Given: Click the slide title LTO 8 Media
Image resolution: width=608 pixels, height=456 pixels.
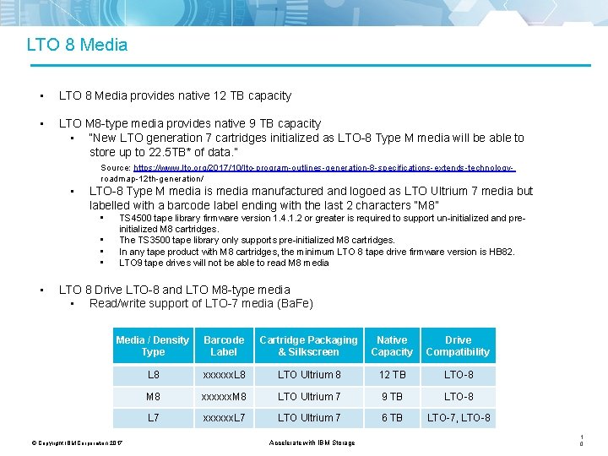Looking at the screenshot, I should click(x=77, y=45).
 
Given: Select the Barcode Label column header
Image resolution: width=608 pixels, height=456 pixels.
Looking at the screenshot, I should click(x=224, y=346).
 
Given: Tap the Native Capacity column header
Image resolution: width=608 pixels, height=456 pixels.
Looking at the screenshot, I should click(x=392, y=346).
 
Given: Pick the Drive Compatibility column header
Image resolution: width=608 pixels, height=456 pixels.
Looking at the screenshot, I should click(x=458, y=346).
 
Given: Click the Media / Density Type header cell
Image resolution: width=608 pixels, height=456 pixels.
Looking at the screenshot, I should click(x=153, y=346).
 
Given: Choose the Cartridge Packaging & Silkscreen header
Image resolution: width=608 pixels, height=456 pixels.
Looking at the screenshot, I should click(x=308, y=346).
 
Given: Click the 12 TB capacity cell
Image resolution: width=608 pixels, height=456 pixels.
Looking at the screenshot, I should click(x=392, y=375).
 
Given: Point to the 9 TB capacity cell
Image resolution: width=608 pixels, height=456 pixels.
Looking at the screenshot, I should click(x=392, y=397).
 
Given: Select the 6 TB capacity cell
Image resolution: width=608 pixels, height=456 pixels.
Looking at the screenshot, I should click(x=392, y=418).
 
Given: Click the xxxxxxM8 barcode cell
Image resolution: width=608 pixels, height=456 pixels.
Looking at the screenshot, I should click(x=224, y=397).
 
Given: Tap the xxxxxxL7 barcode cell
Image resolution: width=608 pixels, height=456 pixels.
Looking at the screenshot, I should click(x=224, y=418).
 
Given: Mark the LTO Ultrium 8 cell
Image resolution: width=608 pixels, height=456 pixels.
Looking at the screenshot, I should click(x=309, y=375).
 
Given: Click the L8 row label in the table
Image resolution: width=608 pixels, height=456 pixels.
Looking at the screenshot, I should click(x=153, y=375).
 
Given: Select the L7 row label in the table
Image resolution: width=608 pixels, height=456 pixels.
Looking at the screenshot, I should click(x=153, y=418).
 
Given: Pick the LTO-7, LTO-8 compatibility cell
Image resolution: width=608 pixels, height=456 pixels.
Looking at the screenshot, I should click(x=459, y=418).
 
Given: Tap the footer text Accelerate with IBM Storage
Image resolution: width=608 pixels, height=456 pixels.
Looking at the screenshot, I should click(x=312, y=442).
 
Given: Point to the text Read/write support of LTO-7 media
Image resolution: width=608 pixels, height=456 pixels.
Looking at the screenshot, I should click(x=201, y=304).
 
